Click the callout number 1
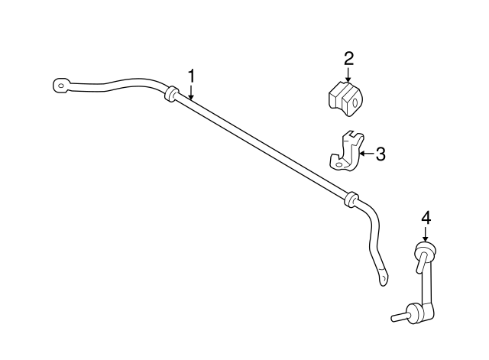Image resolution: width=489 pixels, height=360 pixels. (192, 76)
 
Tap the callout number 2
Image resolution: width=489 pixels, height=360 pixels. (348, 59)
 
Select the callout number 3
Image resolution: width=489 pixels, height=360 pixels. (381, 154)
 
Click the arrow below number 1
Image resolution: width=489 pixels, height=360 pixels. (191, 92)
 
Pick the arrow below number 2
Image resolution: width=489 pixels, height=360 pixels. (348, 75)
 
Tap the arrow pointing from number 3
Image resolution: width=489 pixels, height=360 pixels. (366, 154)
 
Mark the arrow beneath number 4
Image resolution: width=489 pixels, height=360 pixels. (426, 233)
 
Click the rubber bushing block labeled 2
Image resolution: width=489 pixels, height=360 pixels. (345, 99)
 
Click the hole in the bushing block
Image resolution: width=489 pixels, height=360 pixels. (355, 102)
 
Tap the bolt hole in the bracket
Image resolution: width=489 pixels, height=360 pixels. (338, 164)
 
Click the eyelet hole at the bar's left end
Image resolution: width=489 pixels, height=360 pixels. (62, 86)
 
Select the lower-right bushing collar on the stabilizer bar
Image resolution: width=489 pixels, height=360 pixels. (351, 199)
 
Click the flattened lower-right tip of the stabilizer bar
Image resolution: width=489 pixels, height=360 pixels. (384, 277)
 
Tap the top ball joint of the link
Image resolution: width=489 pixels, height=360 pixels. (425, 250)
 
